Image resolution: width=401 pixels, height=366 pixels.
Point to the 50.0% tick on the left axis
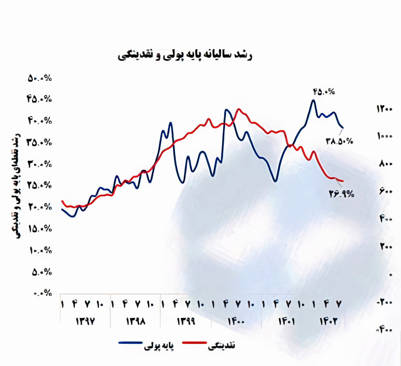tap(40, 78)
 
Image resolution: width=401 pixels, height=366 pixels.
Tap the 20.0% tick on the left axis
tap(40, 207)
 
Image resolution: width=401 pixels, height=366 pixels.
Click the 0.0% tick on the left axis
tap(43, 293)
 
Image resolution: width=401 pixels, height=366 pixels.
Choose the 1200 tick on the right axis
tap(385, 109)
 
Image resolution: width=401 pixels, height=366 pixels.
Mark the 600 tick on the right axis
tap(386, 192)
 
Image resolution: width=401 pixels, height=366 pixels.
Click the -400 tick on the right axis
tap(385, 330)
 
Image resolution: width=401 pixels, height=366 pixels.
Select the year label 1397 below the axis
tap(85, 321)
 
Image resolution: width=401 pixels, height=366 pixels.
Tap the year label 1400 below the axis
tap(236, 321)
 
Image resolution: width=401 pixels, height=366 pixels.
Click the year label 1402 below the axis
tap(329, 321)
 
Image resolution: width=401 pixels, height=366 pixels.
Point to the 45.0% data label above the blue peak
tap(324, 92)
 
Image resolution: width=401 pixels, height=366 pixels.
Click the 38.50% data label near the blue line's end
tap(339, 141)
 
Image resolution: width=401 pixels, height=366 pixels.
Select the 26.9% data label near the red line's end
tap(341, 194)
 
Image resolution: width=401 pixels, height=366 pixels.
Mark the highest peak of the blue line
tap(313, 100)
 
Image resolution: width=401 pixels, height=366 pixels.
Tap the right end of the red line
tap(343, 181)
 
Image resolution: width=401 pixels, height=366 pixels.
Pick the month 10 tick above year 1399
tap(201, 304)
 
